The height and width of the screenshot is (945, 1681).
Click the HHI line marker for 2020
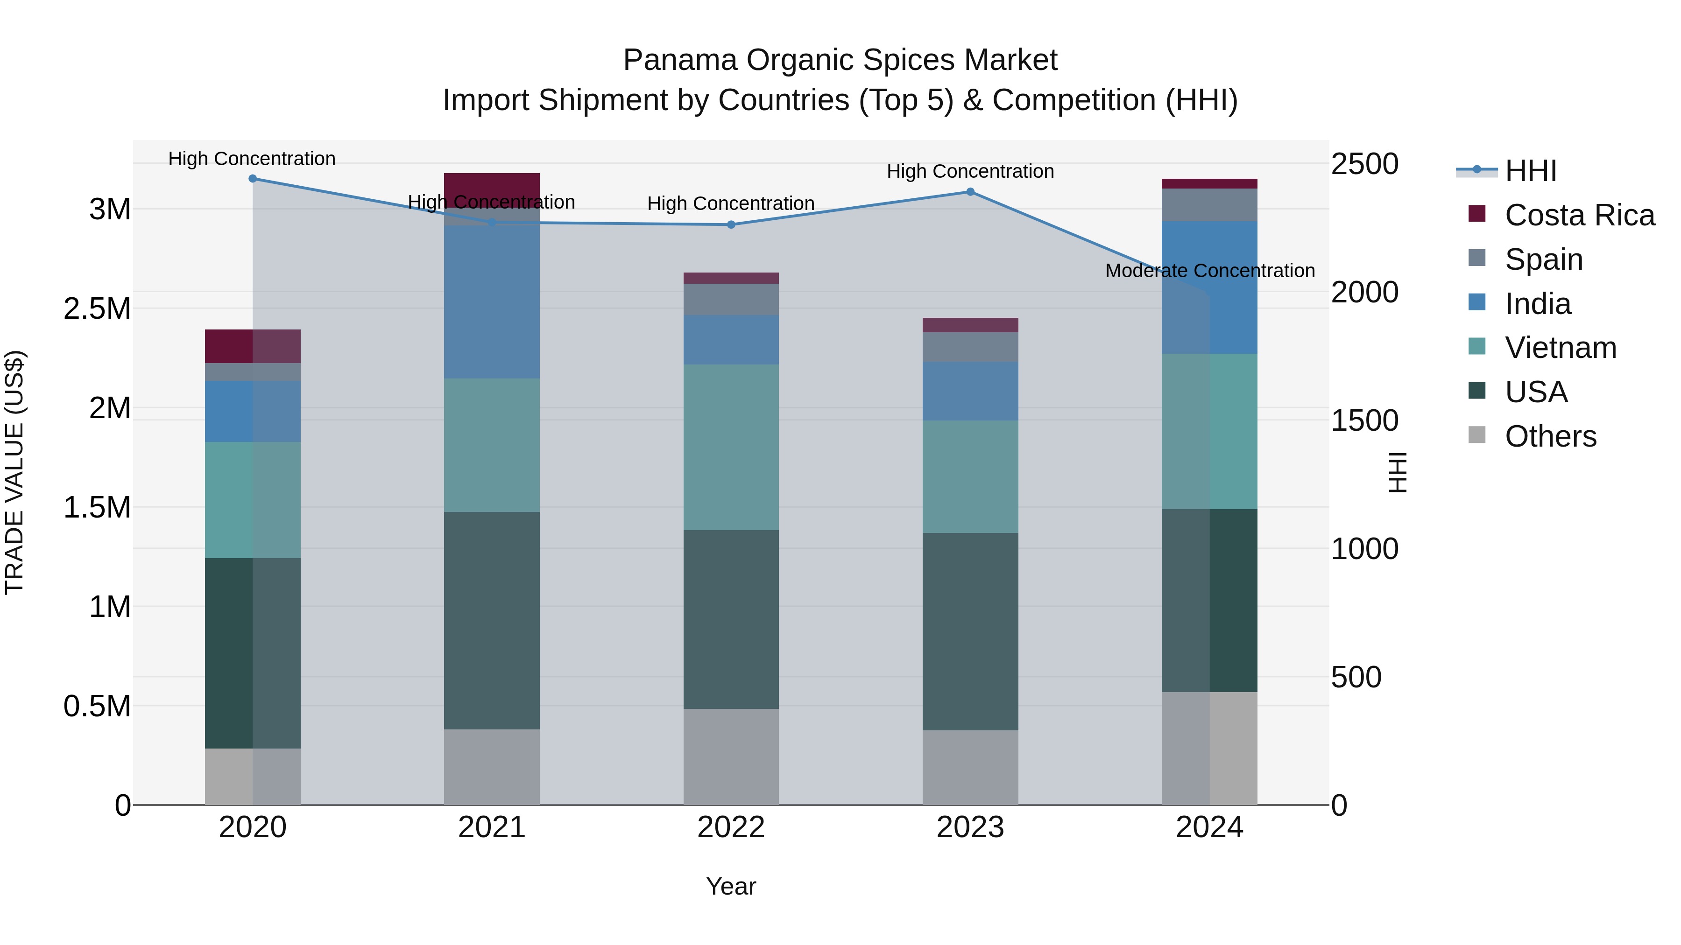(253, 179)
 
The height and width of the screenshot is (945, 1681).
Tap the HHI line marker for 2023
(970, 192)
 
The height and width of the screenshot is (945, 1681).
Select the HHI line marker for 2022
(731, 224)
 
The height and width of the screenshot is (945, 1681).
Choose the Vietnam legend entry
(1560, 348)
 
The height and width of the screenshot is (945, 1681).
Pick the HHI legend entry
(1530, 171)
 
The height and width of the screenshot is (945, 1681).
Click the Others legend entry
(1550, 436)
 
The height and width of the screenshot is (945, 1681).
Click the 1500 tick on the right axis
(1364, 420)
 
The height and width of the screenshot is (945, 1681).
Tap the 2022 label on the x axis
(731, 827)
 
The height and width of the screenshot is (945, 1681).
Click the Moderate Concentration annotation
(1210, 271)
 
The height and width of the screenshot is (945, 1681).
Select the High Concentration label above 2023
(970, 172)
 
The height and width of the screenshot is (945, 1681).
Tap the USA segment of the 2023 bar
(970, 631)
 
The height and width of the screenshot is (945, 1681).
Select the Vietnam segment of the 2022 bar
(731, 447)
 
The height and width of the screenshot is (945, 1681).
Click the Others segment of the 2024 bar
(1210, 748)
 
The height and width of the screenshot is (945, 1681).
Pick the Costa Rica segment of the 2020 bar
(253, 346)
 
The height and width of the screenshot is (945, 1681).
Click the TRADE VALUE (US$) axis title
(15, 472)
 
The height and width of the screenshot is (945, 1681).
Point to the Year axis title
(731, 886)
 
